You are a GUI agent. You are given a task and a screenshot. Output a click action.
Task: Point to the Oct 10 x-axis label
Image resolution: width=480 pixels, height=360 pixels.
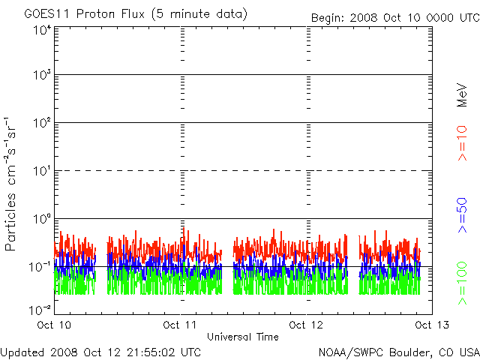click(55, 325)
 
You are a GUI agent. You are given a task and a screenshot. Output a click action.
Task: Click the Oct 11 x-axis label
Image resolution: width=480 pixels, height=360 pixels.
click(180, 325)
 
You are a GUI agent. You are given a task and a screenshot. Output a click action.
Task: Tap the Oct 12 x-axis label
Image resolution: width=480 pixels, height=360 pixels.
click(306, 325)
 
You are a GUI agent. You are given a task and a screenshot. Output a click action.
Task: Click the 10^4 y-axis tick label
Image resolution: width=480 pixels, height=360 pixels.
click(41, 30)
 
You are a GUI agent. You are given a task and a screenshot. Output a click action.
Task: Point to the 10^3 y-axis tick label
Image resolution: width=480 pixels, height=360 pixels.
click(41, 76)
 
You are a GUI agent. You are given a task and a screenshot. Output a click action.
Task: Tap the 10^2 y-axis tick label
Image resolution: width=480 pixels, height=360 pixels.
click(41, 124)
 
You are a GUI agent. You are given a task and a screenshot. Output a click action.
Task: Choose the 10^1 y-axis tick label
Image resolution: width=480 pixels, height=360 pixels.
click(41, 172)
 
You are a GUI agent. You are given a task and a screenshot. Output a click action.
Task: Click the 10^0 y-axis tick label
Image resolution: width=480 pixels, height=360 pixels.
click(41, 219)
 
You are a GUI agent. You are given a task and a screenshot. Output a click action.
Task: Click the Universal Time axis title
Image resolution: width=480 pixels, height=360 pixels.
click(242, 337)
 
